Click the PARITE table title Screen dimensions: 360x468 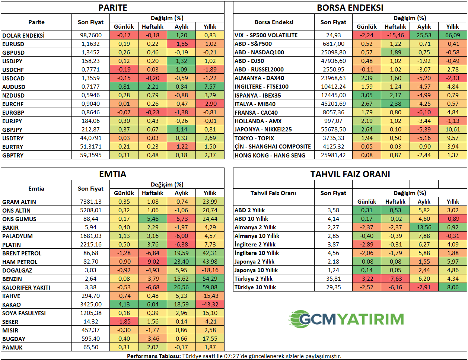point(112,8)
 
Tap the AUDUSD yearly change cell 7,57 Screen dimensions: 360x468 point(210,87)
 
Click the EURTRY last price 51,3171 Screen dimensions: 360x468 point(91,147)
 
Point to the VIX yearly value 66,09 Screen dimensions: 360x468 point(452,35)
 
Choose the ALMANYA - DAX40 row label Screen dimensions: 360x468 point(259,78)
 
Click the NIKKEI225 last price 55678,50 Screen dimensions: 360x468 point(333,130)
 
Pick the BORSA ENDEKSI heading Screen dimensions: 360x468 point(350,8)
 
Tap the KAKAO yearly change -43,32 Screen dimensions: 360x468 point(210,305)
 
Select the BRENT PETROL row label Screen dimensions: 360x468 point(22,253)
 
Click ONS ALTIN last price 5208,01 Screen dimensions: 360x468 point(91,210)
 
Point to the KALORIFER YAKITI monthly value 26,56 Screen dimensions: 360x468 point(181,287)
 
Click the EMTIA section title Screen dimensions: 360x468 point(112,174)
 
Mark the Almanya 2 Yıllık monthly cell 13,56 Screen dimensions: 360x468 point(424,227)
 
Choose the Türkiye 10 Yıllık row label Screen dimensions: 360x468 point(255,287)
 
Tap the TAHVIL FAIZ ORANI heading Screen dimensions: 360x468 point(350,174)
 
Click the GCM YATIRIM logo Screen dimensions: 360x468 point(346,319)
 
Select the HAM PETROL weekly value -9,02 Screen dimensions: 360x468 point(153,262)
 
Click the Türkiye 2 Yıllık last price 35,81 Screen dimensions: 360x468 point(333,279)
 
